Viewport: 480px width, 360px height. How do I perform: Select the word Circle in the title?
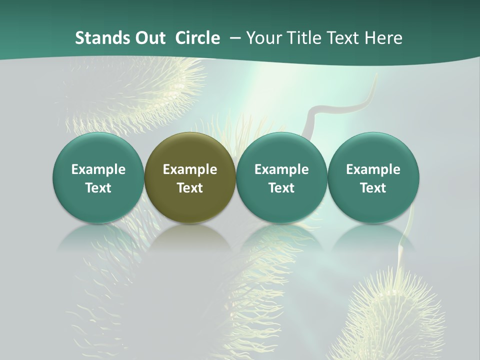click(197, 38)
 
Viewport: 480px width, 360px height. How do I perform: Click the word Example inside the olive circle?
click(190, 169)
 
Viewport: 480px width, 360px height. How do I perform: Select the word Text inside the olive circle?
click(190, 188)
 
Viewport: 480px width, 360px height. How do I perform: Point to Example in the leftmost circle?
click(98, 169)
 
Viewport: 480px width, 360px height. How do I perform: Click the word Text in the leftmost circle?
click(98, 188)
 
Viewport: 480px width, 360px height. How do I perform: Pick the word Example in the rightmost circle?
click(373, 169)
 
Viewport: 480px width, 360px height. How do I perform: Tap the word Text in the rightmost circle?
click(373, 188)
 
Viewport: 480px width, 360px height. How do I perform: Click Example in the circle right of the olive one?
click(281, 169)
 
